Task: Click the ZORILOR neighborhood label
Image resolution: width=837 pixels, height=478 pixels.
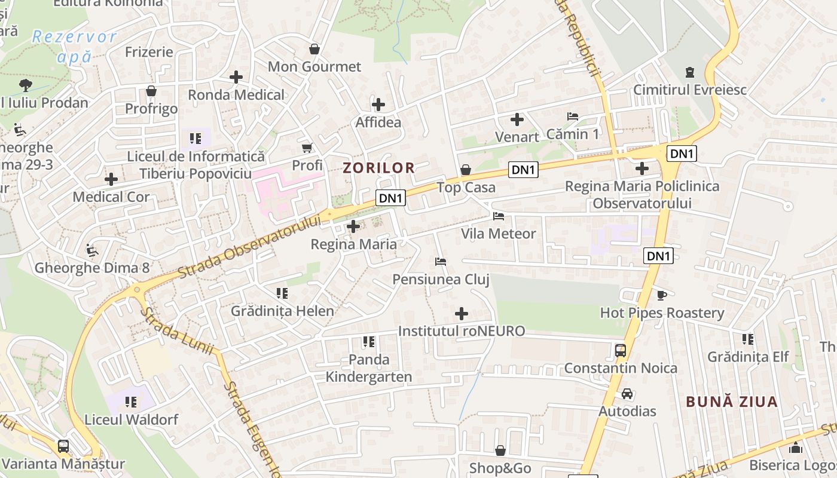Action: (378, 168)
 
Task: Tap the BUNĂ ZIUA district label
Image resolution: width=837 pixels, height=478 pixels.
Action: (732, 402)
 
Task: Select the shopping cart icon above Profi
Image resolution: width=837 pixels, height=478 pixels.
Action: (307, 148)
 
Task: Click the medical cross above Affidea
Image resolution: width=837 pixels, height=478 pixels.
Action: (378, 105)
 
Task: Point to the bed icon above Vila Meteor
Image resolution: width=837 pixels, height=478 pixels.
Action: (499, 216)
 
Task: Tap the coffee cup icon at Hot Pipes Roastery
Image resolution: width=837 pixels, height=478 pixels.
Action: (662, 295)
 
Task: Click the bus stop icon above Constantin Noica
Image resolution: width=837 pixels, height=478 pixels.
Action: (621, 350)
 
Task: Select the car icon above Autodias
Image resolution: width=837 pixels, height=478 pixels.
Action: (627, 394)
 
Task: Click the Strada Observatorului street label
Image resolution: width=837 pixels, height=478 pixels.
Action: (249, 247)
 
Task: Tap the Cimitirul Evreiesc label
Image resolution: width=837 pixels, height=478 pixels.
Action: (690, 90)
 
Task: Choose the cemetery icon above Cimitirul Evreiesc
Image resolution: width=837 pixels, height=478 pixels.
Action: (690, 72)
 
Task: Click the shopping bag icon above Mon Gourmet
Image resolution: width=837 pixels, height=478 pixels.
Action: (314, 49)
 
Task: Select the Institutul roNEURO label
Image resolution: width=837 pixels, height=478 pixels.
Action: (462, 331)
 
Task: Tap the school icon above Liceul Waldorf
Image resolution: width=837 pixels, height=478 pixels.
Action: (130, 402)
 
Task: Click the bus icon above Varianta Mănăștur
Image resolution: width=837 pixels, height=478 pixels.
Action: (63, 446)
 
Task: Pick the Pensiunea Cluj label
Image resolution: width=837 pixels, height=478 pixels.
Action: (441, 279)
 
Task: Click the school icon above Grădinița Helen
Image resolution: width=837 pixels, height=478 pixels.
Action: (282, 293)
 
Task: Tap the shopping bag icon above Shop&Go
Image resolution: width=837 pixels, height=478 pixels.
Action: (500, 451)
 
